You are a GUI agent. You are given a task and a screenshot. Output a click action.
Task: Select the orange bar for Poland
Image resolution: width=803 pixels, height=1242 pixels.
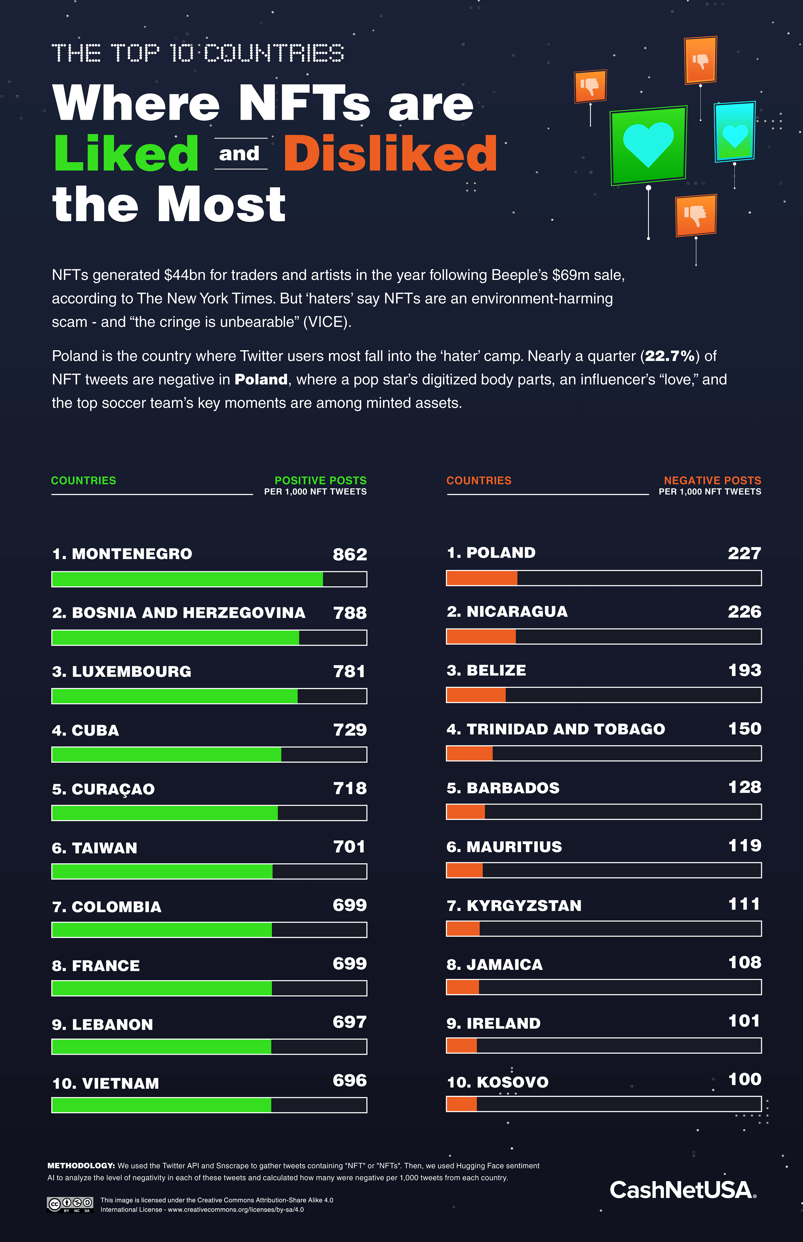point(482,578)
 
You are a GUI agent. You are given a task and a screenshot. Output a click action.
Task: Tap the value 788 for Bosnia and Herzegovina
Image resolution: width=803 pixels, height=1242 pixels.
point(350,613)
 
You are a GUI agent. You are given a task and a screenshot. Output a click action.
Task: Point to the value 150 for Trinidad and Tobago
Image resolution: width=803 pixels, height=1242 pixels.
point(744,729)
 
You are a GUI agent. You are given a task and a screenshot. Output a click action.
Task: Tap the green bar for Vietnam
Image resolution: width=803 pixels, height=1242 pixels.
point(162,1105)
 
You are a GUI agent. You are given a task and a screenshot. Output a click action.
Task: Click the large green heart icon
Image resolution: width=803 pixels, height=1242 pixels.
point(648,145)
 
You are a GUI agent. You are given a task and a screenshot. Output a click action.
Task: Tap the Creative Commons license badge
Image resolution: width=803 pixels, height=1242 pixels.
point(70,1204)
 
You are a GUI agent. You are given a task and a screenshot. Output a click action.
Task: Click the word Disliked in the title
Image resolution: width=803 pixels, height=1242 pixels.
point(390,154)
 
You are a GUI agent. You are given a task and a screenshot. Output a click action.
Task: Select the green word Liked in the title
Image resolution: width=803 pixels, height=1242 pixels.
point(126,154)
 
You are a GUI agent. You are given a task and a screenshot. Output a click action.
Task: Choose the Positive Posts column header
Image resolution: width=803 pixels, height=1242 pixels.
point(320,481)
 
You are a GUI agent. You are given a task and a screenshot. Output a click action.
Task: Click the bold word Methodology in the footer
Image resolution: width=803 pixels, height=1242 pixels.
point(81,1165)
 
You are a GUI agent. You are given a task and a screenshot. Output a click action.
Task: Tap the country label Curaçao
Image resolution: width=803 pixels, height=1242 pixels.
point(103,789)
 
